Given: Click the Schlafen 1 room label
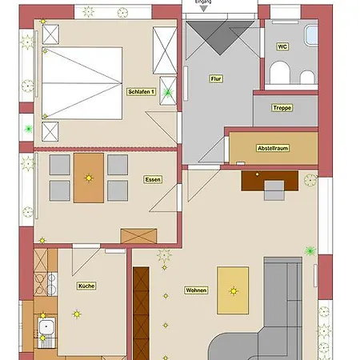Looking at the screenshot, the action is pos(141,92).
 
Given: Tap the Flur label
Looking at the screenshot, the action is pos(216,78).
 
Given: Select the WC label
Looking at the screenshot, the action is pos(282,46).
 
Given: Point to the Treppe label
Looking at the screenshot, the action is pos(282,108).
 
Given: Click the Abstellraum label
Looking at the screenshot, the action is pos(273,148).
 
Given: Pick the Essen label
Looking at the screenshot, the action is pos(153,179).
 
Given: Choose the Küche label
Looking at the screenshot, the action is pos(86,286).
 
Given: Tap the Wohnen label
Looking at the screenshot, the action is pos(196,290).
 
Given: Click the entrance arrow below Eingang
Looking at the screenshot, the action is pos(204,9).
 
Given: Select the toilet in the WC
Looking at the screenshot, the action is pos(280,73).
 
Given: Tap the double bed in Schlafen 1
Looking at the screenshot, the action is pos(82,83).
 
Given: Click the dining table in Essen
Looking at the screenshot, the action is pos(89,178).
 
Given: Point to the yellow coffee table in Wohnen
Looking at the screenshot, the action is pos(233,290).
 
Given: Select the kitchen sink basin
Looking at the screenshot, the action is pos(46,326).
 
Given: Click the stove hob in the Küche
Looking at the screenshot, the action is pos(52,284).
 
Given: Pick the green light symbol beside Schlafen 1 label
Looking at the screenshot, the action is pos(168,93).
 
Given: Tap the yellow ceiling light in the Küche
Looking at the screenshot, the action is pos(77,314).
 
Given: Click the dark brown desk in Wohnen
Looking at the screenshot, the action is pos(270,181).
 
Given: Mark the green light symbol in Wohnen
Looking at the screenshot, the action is pos(310,250).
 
